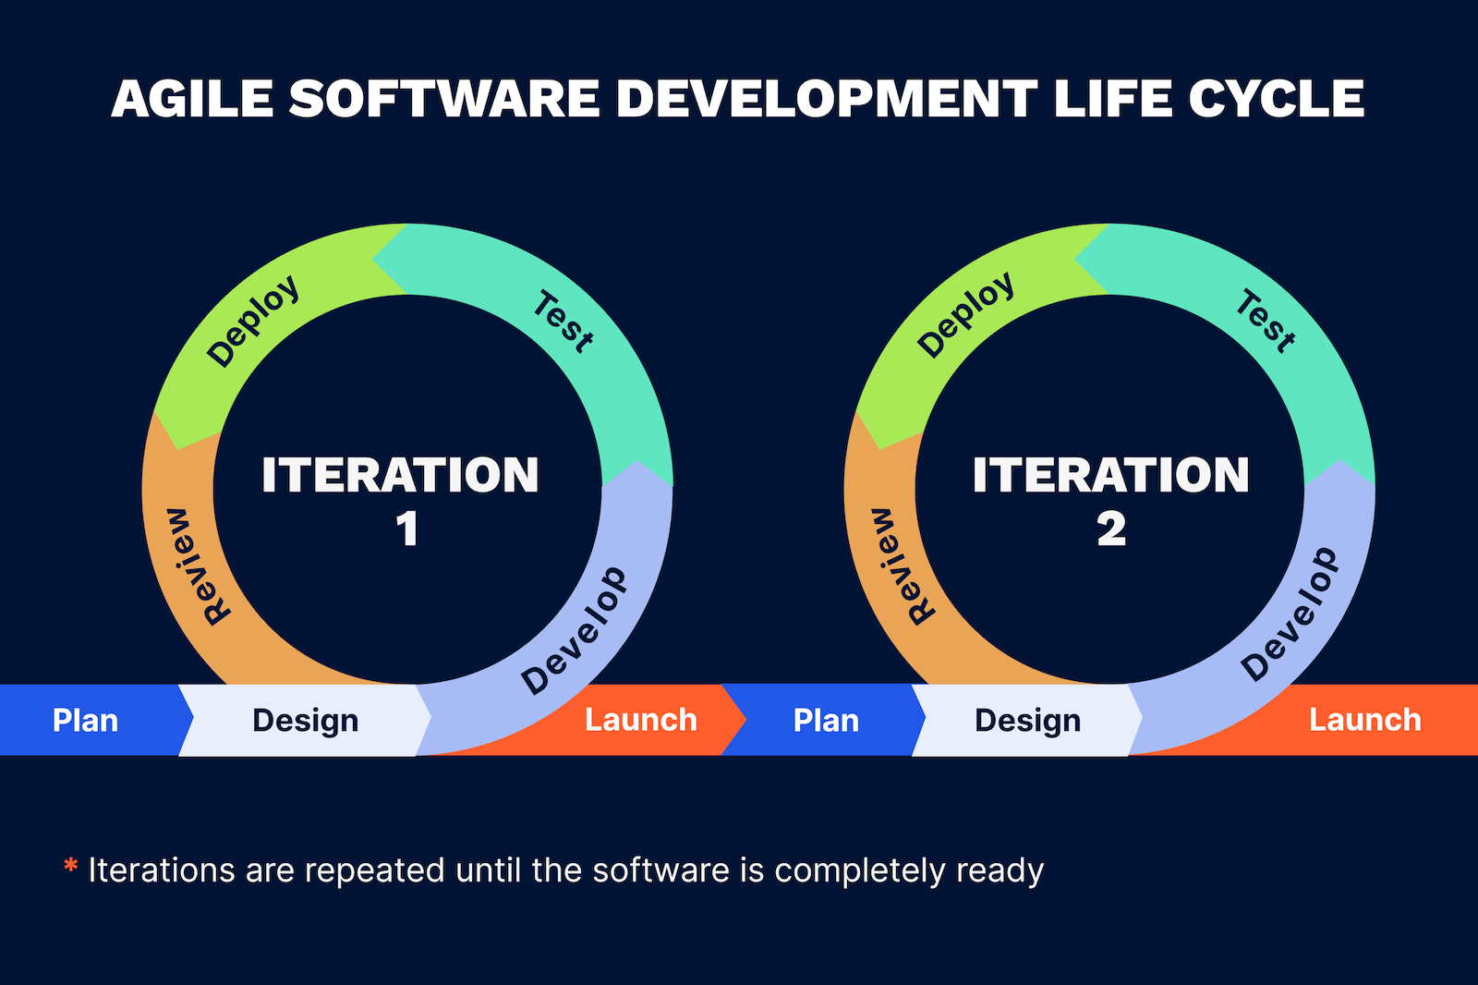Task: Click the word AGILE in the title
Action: click(x=192, y=99)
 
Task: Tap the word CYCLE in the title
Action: click(x=1276, y=99)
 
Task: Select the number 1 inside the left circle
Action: click(x=407, y=529)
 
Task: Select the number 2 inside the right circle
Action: click(x=1111, y=529)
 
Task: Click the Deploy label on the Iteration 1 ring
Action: click(x=253, y=321)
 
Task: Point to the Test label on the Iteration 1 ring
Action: click(x=563, y=322)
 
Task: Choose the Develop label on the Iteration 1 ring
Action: click(x=574, y=631)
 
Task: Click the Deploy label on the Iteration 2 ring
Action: click(x=965, y=316)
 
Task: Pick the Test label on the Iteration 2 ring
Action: click(x=1266, y=322)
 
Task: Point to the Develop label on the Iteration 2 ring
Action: click(x=1290, y=614)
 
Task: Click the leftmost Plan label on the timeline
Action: click(x=85, y=720)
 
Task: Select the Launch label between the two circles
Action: click(x=641, y=720)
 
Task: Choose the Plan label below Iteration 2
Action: click(x=826, y=720)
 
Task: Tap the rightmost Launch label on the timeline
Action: click(x=1365, y=720)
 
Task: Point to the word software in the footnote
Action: click(x=661, y=870)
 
